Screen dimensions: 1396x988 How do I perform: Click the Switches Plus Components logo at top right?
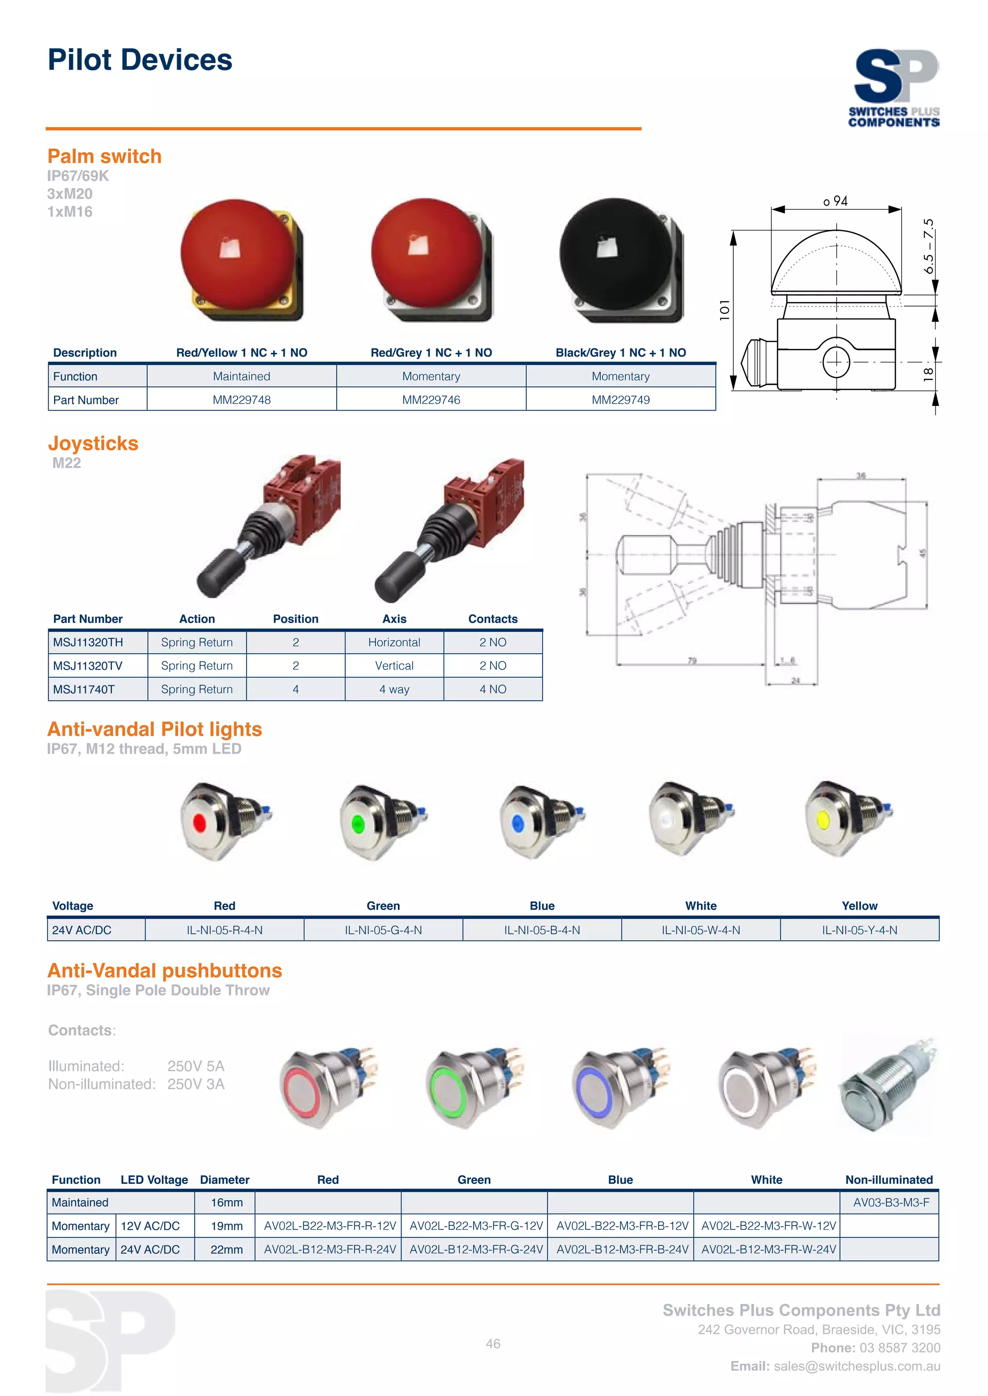pyautogui.click(x=894, y=88)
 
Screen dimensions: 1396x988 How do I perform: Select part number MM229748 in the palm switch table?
pyautogui.click(x=242, y=400)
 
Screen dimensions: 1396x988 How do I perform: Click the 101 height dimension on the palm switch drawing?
pyautogui.click(x=724, y=309)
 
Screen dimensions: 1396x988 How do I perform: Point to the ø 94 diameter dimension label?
pyautogui.click(x=835, y=201)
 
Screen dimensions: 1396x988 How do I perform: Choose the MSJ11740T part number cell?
pyautogui.click(x=84, y=689)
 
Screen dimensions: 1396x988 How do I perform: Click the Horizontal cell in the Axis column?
pyautogui.click(x=394, y=642)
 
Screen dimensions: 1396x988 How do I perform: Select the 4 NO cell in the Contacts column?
pyautogui.click(x=493, y=689)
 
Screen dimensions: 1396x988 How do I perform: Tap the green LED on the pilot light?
pyautogui.click(x=358, y=825)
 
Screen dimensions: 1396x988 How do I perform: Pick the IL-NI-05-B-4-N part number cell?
pyautogui.click(x=542, y=930)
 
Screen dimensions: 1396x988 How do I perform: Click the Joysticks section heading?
pyautogui.click(x=93, y=443)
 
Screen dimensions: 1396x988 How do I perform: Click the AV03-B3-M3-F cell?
pyautogui.click(x=891, y=1202)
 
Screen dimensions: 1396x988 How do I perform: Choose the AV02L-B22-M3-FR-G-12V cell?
pyautogui.click(x=476, y=1225)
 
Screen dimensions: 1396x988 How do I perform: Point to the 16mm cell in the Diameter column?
pyautogui.click(x=226, y=1202)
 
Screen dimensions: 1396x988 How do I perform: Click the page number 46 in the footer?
pyautogui.click(x=493, y=1343)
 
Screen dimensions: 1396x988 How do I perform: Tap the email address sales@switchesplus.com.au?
pyautogui.click(x=857, y=1366)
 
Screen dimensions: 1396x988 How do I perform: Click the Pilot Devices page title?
pyautogui.click(x=140, y=60)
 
